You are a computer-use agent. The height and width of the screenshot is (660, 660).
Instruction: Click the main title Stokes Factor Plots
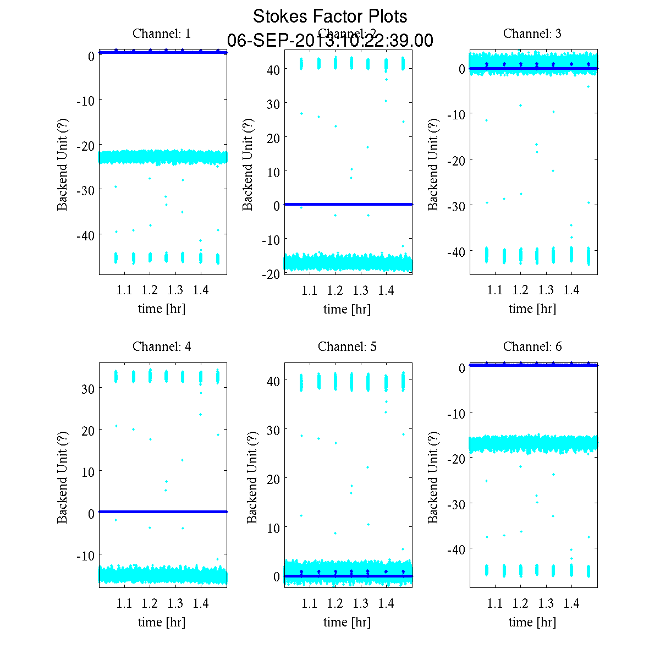click(330, 16)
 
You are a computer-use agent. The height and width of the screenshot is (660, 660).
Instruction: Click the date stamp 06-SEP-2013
click(330, 41)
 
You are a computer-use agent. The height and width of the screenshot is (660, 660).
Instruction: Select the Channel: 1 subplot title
click(162, 34)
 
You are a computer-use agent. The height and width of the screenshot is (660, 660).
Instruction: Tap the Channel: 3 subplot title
click(532, 34)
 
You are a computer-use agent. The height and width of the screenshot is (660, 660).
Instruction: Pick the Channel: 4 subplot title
click(162, 346)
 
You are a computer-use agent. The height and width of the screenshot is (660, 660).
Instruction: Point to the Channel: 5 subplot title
click(347, 346)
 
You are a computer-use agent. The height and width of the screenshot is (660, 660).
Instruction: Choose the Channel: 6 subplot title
click(532, 346)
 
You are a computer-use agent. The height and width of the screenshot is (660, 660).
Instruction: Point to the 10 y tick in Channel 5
click(273, 527)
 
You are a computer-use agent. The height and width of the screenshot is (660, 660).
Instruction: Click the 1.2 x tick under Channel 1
click(150, 290)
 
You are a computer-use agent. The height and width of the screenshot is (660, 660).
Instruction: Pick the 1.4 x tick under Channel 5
click(386, 603)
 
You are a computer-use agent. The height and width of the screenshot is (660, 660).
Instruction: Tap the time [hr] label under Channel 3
click(532, 309)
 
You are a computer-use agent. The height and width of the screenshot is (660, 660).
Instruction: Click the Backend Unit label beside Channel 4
click(63, 477)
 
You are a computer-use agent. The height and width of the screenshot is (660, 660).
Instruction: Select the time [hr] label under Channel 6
click(532, 622)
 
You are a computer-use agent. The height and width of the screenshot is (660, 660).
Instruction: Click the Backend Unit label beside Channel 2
click(248, 164)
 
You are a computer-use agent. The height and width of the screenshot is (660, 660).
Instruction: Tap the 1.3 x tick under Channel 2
click(361, 290)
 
